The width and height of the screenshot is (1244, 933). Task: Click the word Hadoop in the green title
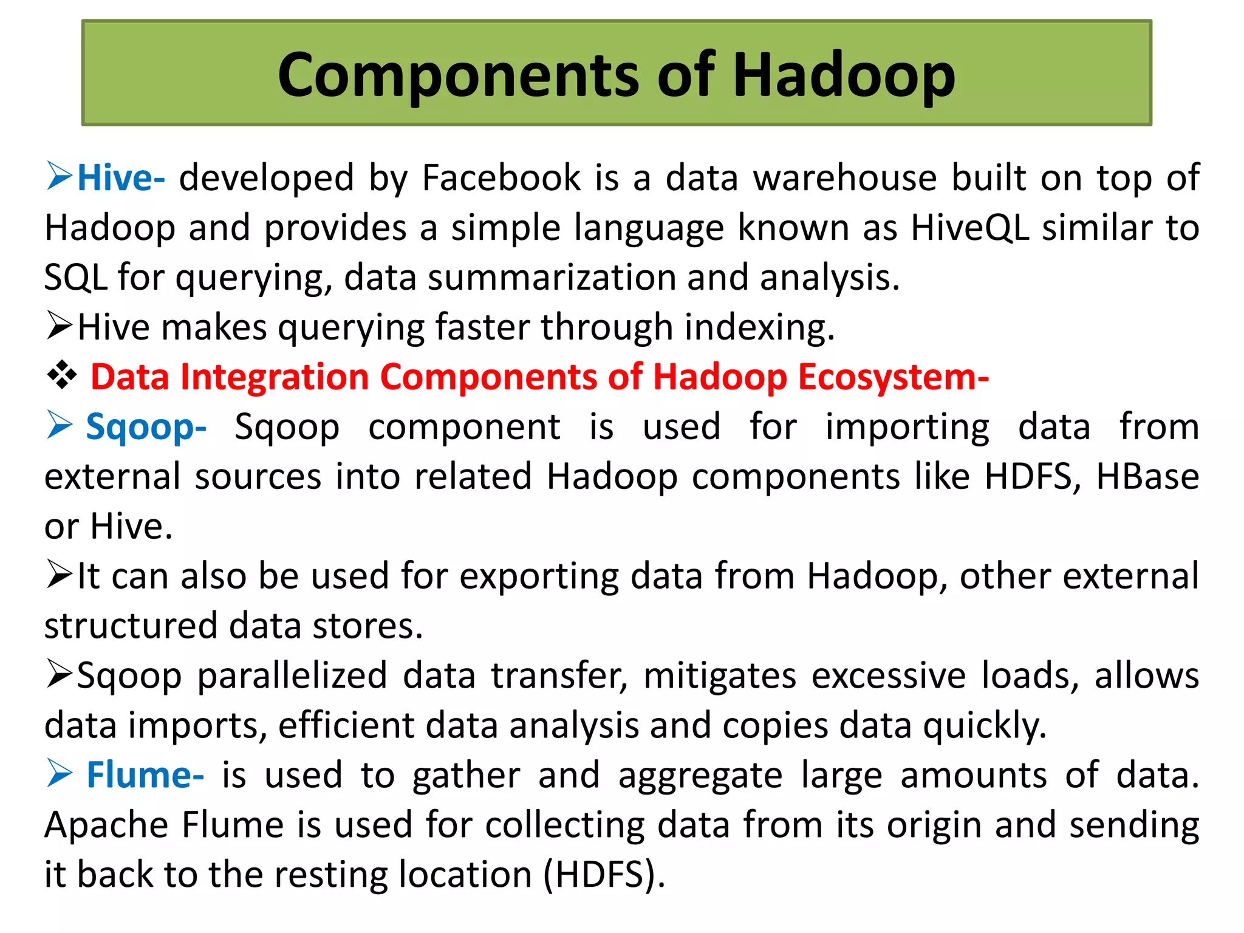(x=844, y=75)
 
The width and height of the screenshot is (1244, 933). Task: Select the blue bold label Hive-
(x=121, y=178)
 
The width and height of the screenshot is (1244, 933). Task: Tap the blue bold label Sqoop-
(x=146, y=427)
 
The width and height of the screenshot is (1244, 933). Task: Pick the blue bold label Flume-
(x=145, y=776)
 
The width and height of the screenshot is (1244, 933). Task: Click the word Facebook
(x=501, y=178)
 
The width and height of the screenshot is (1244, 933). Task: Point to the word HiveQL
(x=970, y=228)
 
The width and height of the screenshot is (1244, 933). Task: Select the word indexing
(x=759, y=327)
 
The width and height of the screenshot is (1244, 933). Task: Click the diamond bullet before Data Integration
(x=62, y=376)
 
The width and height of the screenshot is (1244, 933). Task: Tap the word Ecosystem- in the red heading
(x=894, y=377)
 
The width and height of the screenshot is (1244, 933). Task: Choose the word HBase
(x=1147, y=477)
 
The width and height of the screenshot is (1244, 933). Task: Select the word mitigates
(x=720, y=676)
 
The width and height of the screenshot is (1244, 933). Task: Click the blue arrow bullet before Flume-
(x=60, y=774)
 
